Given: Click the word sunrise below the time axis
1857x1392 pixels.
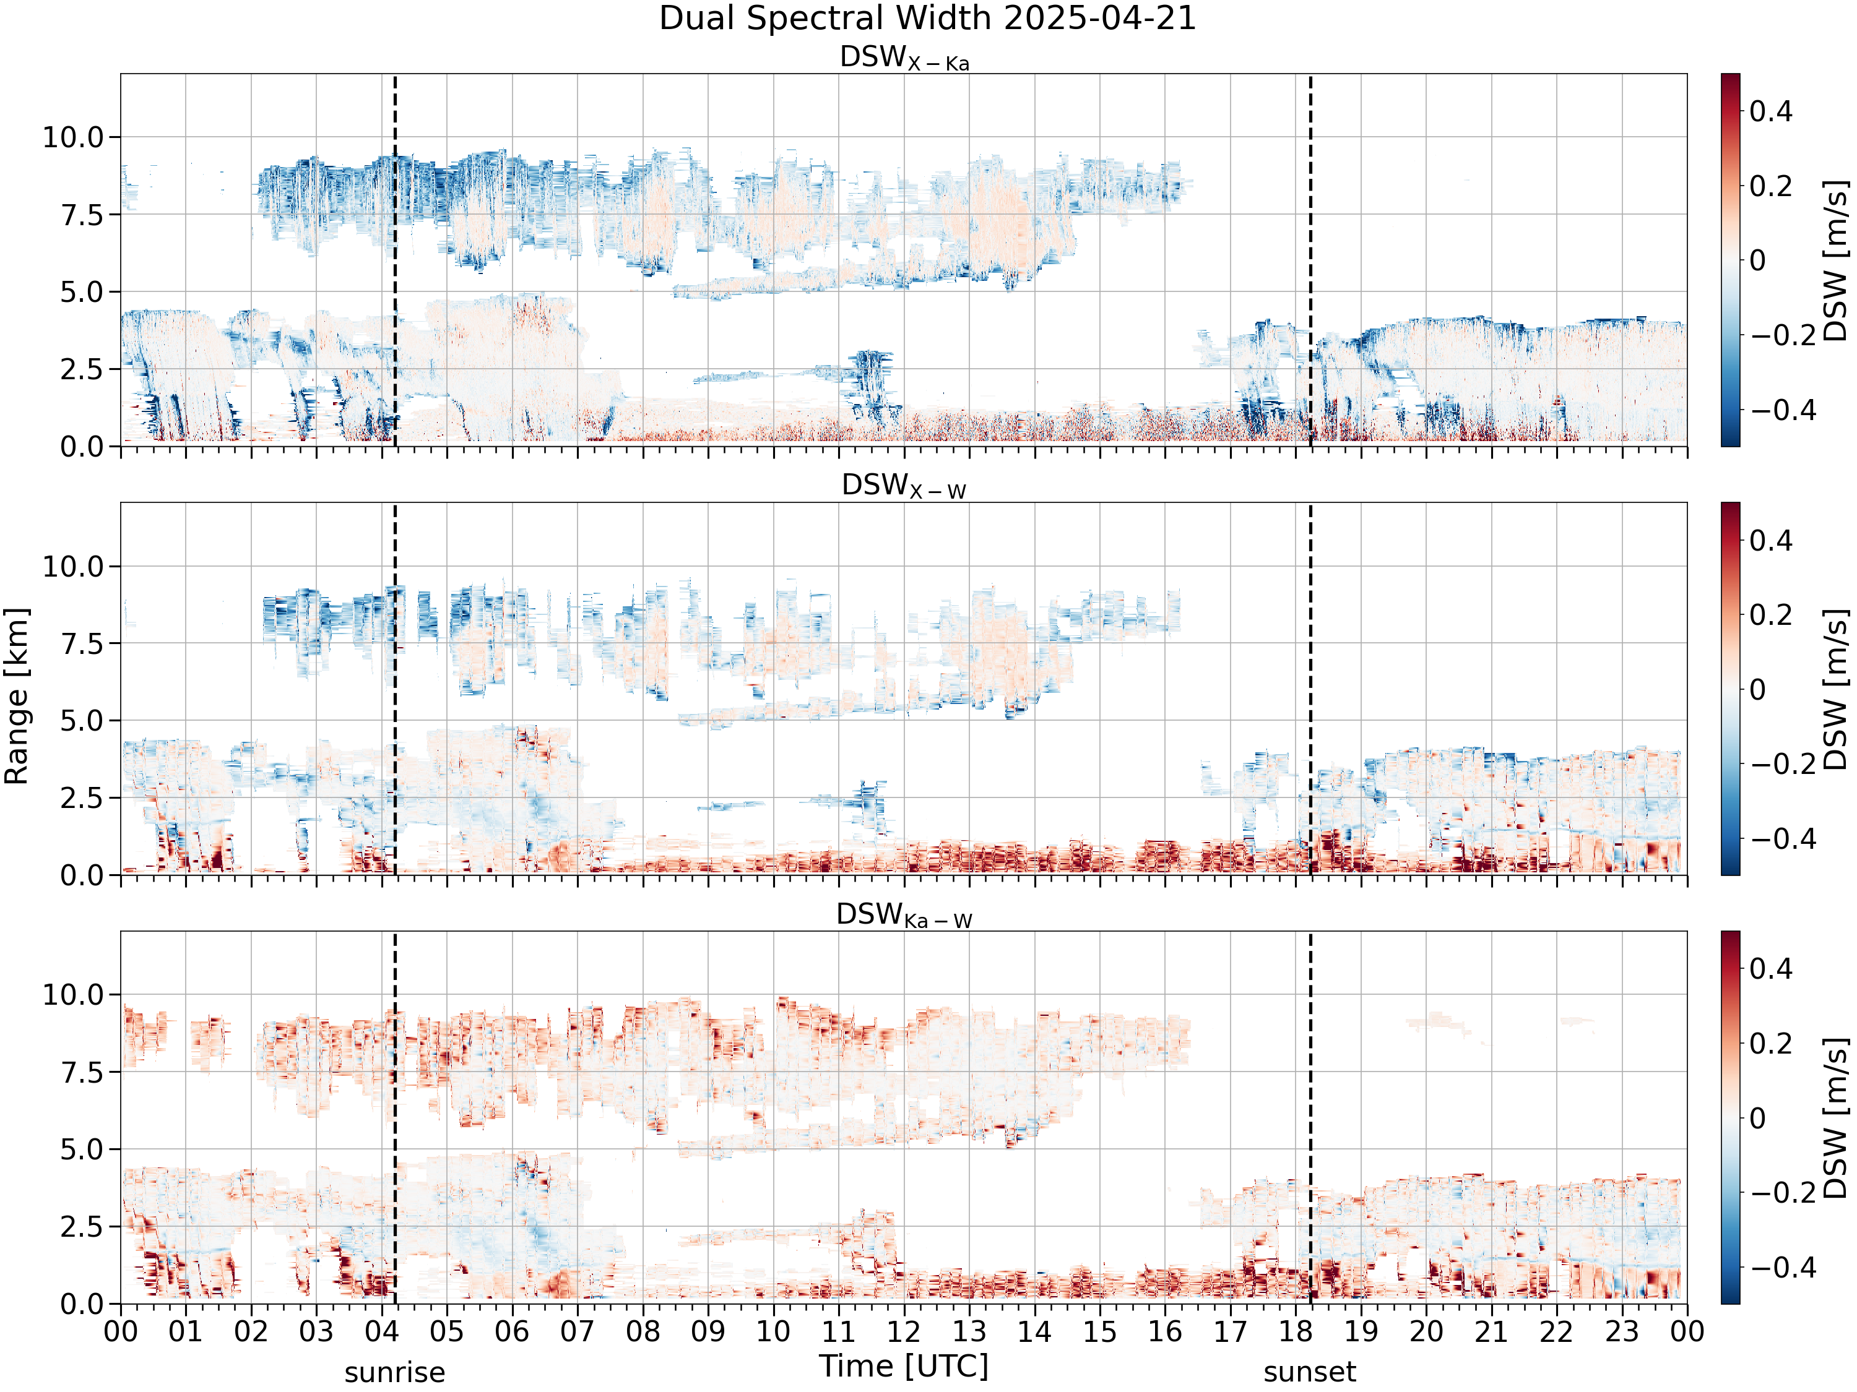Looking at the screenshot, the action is [x=394, y=1373].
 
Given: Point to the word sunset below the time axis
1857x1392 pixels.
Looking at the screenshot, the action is [x=1310, y=1373].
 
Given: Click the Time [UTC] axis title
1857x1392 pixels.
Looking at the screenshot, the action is [x=904, y=1367].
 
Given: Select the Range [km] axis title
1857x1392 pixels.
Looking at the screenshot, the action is [x=17, y=697].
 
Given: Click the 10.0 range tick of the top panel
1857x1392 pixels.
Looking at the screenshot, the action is [x=73, y=137].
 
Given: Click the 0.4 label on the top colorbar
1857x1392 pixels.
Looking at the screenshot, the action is [x=1772, y=111].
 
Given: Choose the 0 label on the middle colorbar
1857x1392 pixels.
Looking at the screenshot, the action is [x=1758, y=690].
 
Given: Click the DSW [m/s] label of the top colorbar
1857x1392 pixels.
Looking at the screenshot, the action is [x=1837, y=260].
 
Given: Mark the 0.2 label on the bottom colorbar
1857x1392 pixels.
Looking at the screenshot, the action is [x=1772, y=1044].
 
